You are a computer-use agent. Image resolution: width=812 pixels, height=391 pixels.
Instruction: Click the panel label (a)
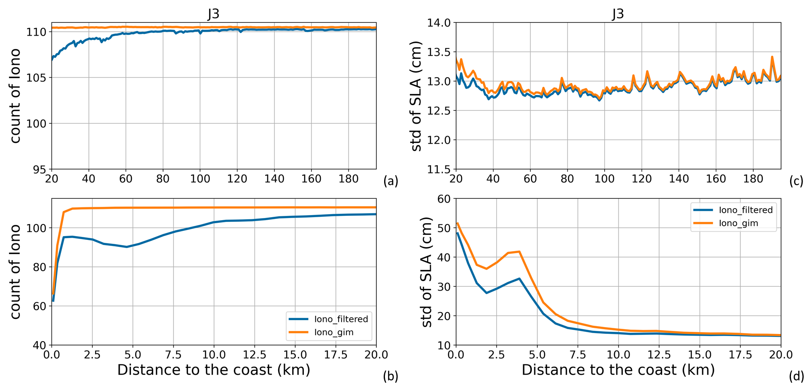click(x=391, y=182)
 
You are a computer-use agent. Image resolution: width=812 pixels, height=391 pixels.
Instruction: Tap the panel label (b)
click(x=391, y=376)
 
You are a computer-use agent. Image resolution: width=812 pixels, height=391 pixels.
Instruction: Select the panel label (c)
click(x=796, y=182)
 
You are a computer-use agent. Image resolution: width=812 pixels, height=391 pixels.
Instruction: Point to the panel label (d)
click(x=796, y=376)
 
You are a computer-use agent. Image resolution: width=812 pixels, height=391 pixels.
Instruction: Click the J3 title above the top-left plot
click(x=214, y=14)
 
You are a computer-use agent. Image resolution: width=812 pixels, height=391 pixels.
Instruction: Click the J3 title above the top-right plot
click(x=618, y=14)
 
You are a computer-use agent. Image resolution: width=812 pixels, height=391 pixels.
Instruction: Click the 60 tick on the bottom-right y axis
click(x=443, y=199)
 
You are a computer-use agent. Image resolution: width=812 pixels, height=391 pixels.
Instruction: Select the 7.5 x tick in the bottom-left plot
click(x=173, y=355)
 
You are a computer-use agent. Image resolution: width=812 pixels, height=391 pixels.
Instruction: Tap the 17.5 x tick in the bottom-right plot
click(x=740, y=355)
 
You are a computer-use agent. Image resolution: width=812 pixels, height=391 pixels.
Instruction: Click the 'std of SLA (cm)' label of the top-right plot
click(x=416, y=96)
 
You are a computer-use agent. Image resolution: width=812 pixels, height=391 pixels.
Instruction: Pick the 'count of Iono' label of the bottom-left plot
click(x=15, y=272)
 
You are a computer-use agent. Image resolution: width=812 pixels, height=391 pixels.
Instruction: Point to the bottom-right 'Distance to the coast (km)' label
click(x=618, y=370)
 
